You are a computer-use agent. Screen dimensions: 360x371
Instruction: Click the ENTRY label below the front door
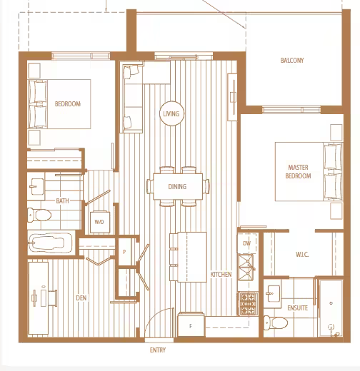pos(158,350)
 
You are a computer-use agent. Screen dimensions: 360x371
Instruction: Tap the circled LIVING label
pos(171,114)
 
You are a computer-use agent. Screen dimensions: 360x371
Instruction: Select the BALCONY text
pos(292,61)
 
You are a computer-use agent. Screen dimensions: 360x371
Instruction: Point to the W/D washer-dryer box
pos(100,222)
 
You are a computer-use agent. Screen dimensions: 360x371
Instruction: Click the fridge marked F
pos(191,325)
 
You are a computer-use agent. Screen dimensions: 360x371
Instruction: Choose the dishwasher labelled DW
pos(247,243)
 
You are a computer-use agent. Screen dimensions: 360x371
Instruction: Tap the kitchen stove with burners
pos(248,304)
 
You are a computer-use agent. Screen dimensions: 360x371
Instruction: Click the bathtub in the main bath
pos(50,243)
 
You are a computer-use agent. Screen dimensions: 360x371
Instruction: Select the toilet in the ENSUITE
pos(276,322)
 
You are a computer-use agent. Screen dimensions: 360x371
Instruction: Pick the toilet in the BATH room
pos(39,215)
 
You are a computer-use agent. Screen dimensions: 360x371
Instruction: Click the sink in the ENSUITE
pos(273,294)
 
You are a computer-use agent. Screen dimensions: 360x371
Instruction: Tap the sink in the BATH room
pos(36,187)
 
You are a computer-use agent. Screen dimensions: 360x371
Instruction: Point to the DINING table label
pos(177,187)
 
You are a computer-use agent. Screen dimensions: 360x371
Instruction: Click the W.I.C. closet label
pos(302,255)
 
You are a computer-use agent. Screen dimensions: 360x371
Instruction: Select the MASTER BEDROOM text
pos(298,172)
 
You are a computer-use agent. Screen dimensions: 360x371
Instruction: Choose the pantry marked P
pos(124,252)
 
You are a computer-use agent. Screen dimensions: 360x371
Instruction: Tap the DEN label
pos(81,298)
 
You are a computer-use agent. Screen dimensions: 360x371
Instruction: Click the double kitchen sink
pos(246,267)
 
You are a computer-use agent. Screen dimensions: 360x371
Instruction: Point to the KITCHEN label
pos(221,274)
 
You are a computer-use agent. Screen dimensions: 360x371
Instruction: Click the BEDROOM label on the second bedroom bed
pos(68,104)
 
